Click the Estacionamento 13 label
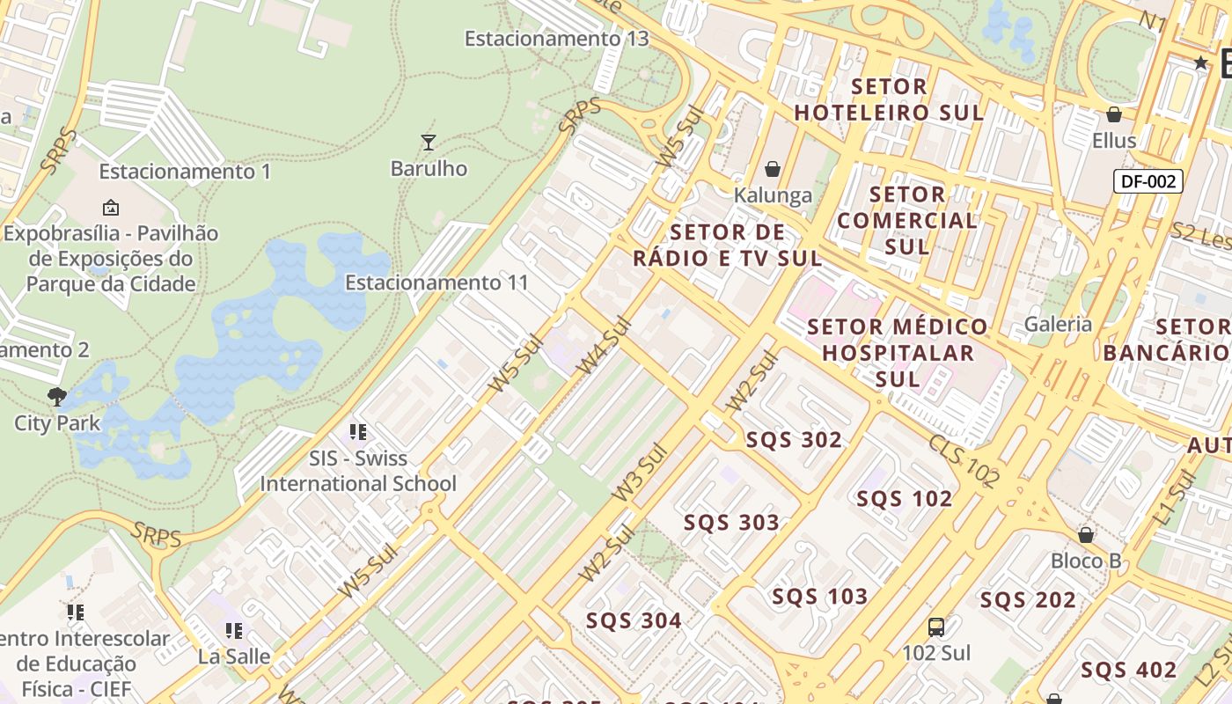tap(556, 39)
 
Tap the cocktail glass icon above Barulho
tap(429, 142)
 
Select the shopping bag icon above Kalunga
tap(773, 169)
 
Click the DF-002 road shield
tap(1148, 182)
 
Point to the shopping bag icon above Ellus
tap(1114, 114)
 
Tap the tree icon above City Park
tap(57, 397)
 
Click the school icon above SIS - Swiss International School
tap(357, 432)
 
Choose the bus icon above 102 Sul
tap(936, 627)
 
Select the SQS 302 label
tap(794, 440)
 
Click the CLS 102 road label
tap(964, 460)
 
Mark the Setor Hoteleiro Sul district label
tap(889, 99)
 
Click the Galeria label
tap(1059, 324)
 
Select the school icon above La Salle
tap(234, 631)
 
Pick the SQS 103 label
tap(819, 597)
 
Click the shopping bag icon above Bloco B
tap(1086, 535)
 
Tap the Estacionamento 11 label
tap(436, 282)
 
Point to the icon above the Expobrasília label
tap(111, 208)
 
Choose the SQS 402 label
tap(1128, 670)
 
